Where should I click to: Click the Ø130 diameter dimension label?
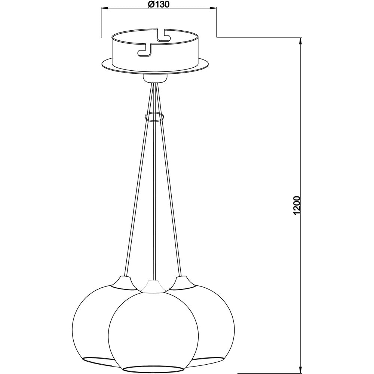159,4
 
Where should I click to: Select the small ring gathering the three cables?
154,117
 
